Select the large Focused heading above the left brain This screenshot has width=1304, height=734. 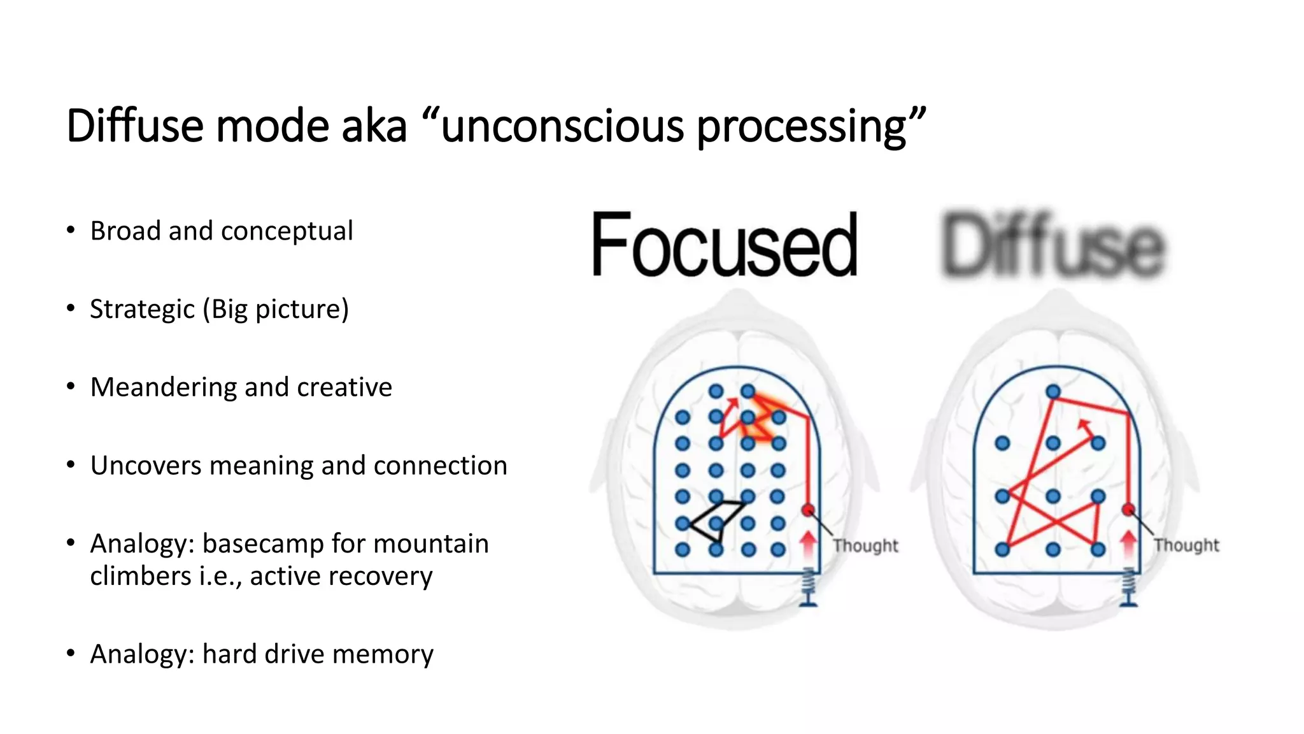click(x=724, y=245)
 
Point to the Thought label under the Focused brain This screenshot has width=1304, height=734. click(x=865, y=546)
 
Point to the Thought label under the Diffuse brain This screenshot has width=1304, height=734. click(x=1186, y=545)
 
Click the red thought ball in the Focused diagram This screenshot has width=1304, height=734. click(x=808, y=510)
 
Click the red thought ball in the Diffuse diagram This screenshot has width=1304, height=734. click(x=1128, y=509)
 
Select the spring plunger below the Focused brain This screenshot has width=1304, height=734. click(x=808, y=586)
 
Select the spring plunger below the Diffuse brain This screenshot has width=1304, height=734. click(x=1128, y=586)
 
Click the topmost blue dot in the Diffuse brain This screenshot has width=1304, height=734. click(x=1053, y=391)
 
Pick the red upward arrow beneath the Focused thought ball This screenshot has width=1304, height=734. click(x=808, y=543)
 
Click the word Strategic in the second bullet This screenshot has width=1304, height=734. click(x=142, y=309)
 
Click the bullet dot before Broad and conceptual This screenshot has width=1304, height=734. click(x=71, y=230)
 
